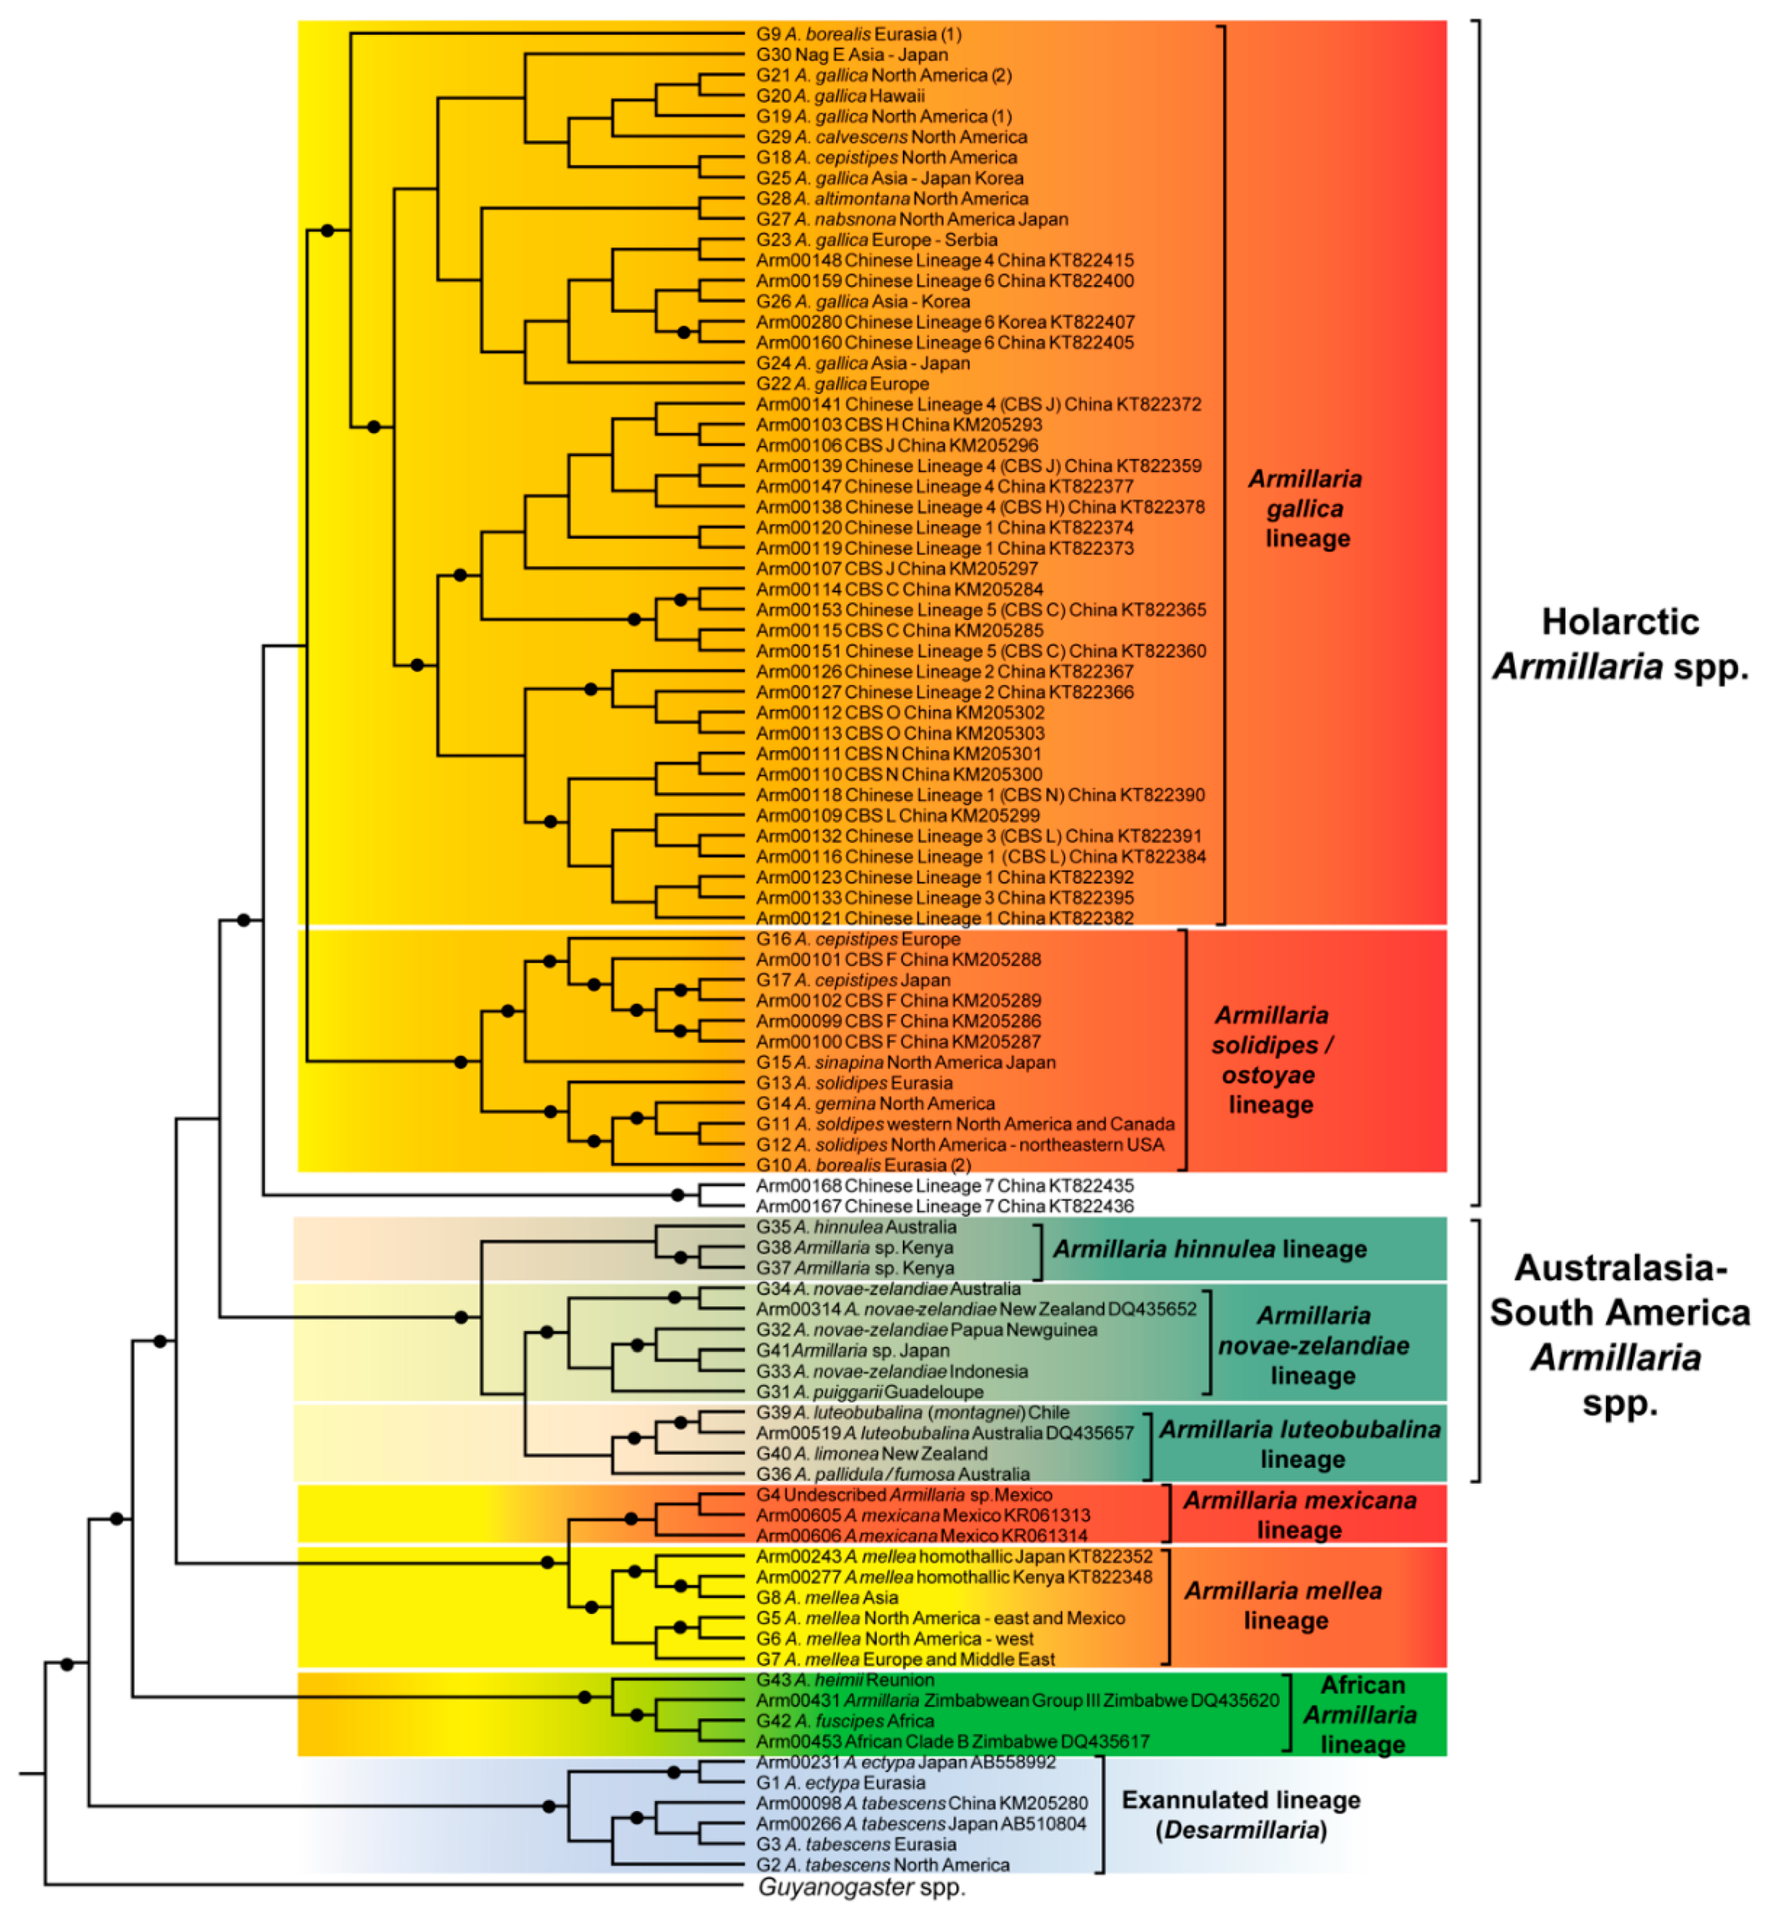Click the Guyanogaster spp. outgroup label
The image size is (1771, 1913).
click(861, 1886)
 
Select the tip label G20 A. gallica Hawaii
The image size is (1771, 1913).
click(841, 96)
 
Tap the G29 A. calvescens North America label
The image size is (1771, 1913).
click(892, 137)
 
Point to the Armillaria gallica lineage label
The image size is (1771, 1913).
click(1305, 509)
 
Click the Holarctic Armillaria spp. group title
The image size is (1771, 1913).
click(1620, 644)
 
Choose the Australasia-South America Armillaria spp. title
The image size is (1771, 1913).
click(1620, 1334)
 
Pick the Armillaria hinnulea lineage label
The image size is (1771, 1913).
click(1209, 1249)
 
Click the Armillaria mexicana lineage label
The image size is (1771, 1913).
click(1299, 1515)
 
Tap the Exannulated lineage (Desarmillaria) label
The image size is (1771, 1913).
click(1241, 1814)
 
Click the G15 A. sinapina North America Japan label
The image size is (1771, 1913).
click(906, 1062)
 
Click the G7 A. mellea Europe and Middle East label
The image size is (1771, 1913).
click(906, 1659)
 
